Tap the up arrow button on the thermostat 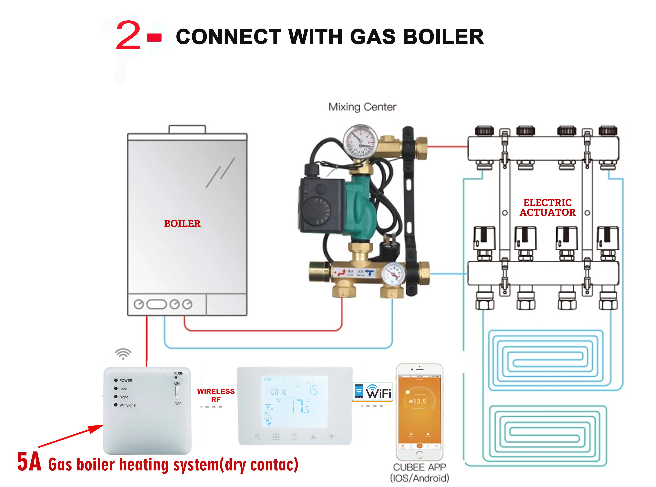(313, 437)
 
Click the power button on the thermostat (294, 437)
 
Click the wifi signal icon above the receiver (123, 353)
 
